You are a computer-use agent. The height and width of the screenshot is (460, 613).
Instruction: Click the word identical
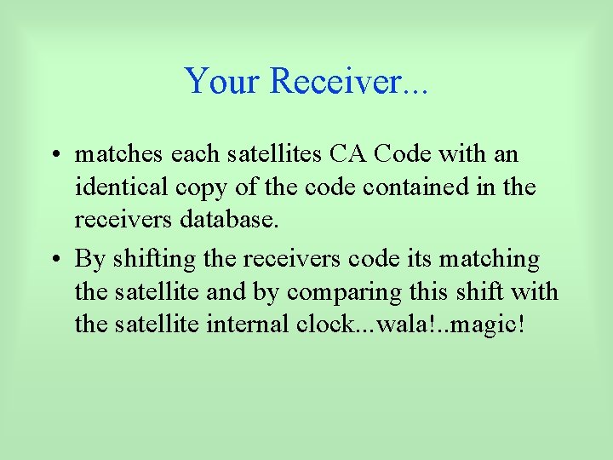(x=119, y=187)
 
